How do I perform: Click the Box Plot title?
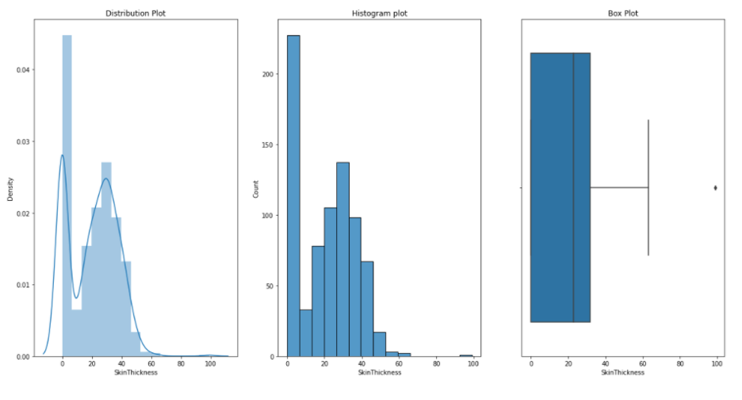pos(622,13)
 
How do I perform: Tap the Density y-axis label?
pos(10,188)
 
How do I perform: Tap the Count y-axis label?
pos(256,188)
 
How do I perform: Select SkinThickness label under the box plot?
pos(622,373)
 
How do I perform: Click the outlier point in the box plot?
pos(716,188)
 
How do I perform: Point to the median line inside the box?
pos(573,188)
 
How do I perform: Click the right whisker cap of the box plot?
pos(648,188)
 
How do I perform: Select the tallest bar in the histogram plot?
pos(293,194)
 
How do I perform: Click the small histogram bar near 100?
pos(466,356)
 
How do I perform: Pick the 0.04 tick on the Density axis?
pos(26,70)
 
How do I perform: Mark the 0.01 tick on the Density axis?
pos(26,285)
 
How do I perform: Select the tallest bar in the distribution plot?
pos(67,194)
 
